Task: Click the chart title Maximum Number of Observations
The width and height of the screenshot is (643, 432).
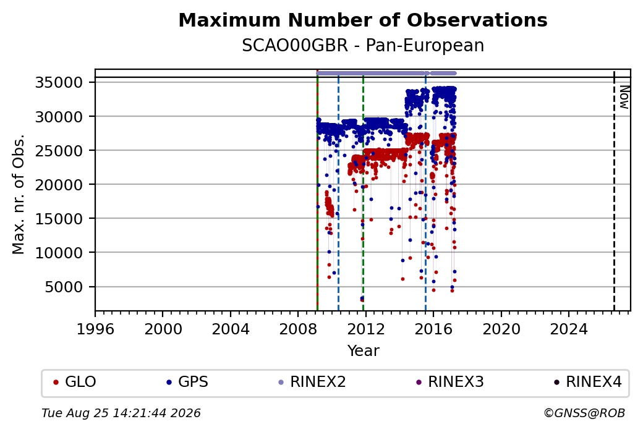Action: (x=363, y=20)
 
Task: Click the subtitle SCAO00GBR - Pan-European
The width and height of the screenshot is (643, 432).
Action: (x=363, y=46)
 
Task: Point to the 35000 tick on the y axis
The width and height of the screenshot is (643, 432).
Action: (x=59, y=82)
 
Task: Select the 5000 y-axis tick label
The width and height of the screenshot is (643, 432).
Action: (x=64, y=287)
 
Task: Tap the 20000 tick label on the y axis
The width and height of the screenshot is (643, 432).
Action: (x=59, y=185)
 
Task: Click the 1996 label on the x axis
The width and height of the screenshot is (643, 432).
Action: (x=95, y=329)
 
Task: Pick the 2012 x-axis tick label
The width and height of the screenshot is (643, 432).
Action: (x=365, y=329)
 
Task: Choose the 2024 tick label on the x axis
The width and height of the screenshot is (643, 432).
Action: (x=568, y=329)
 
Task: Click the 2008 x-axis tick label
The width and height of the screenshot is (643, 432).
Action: (x=298, y=329)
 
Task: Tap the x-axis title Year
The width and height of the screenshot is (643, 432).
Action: (x=363, y=351)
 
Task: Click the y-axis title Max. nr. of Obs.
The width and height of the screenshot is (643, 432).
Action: (x=19, y=194)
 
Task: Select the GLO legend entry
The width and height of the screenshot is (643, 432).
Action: (x=75, y=382)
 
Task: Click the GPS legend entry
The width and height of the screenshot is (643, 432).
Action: (x=187, y=382)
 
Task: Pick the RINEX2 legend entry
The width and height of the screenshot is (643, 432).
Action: (x=312, y=382)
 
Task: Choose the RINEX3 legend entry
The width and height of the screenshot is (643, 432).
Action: (x=450, y=382)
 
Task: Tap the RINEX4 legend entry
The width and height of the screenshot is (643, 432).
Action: (x=587, y=382)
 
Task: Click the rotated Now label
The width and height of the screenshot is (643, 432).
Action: (x=624, y=97)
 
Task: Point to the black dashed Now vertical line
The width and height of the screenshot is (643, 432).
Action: (x=614, y=191)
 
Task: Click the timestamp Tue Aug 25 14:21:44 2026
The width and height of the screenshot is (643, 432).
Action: (x=121, y=413)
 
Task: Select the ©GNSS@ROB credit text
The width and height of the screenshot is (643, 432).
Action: (x=584, y=413)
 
